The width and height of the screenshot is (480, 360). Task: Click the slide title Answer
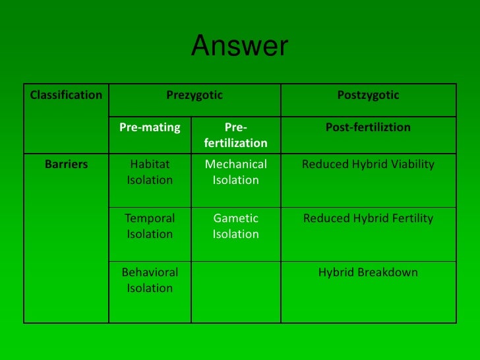(239, 47)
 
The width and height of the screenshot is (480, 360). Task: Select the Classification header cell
(66, 95)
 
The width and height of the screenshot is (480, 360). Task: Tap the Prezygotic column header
(195, 95)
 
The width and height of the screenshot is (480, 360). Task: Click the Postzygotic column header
(368, 95)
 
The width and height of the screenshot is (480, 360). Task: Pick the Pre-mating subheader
(150, 127)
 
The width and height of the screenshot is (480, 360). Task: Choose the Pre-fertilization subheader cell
(236, 135)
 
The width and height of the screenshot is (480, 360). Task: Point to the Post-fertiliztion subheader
(368, 127)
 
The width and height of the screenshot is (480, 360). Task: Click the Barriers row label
(66, 164)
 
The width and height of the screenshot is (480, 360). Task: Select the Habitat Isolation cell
(150, 171)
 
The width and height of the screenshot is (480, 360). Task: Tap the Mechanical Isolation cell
(236, 171)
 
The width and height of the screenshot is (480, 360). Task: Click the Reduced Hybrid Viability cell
(368, 164)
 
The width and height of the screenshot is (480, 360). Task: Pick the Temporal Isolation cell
(150, 225)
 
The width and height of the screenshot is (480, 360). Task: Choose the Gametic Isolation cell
(236, 225)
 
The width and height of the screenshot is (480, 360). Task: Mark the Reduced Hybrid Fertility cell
(368, 218)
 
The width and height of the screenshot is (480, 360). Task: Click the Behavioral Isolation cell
(150, 280)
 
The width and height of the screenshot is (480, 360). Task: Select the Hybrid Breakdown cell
(368, 272)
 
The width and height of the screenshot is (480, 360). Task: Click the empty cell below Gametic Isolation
(236, 291)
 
